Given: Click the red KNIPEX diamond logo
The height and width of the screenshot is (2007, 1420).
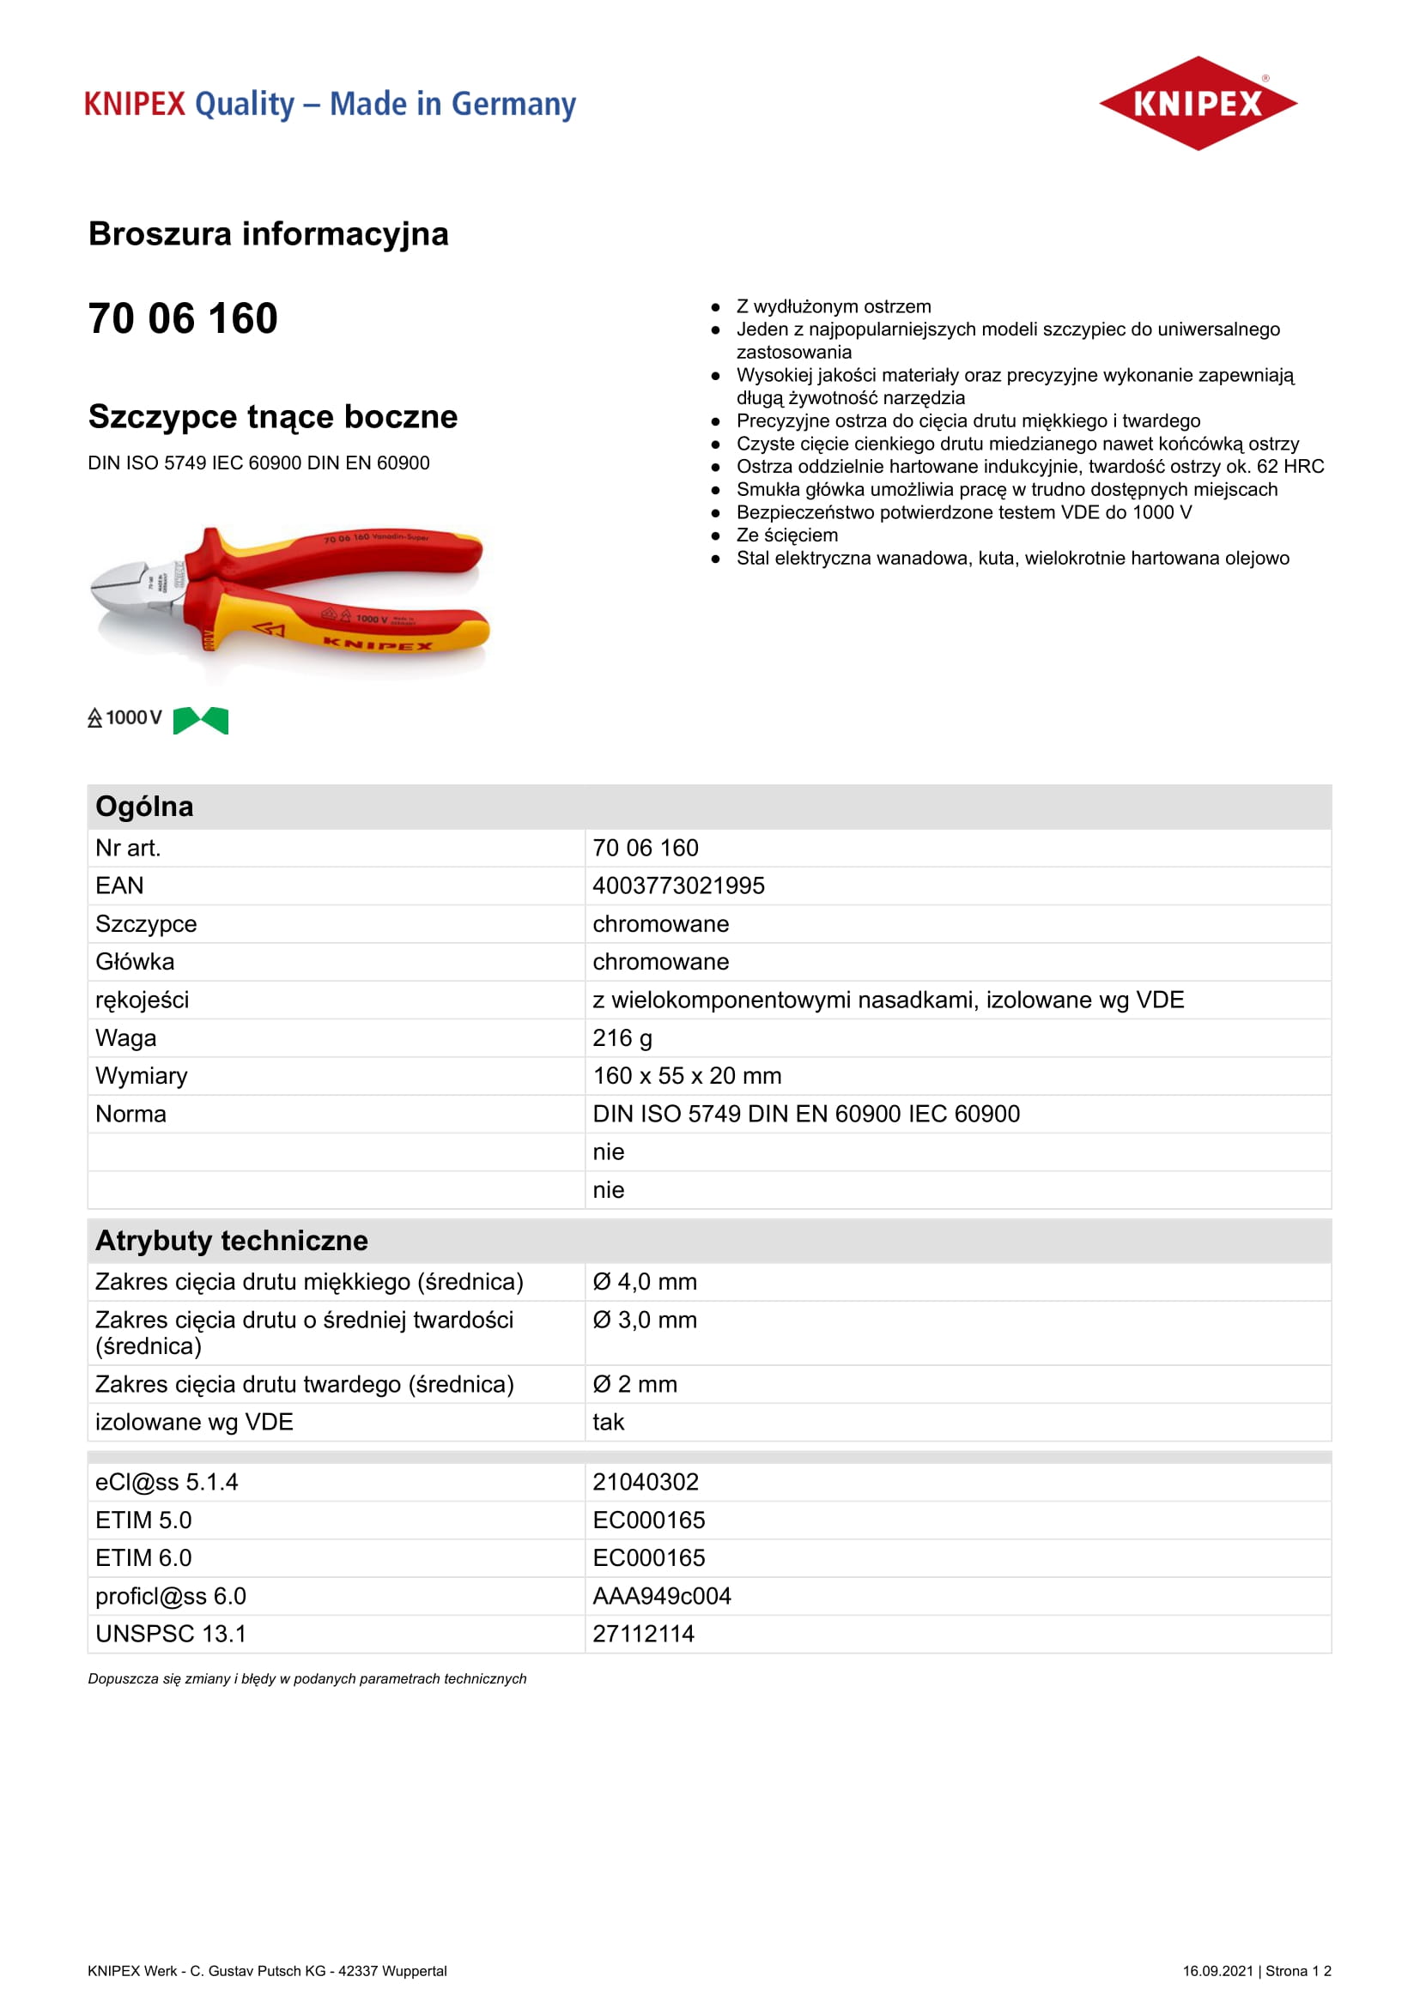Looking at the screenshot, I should pos(1197,103).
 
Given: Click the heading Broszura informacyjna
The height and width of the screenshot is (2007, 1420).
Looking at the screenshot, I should pos(269,234).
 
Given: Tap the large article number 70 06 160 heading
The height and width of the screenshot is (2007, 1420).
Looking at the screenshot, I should pos(183,318).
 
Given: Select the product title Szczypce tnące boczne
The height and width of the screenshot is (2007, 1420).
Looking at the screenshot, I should pos(273,417).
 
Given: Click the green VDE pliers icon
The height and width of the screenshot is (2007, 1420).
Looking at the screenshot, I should pos(200,720).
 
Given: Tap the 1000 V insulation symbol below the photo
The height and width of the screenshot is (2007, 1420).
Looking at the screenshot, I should pos(125,717).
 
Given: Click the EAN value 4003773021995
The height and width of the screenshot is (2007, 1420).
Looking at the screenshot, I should pos(678,886).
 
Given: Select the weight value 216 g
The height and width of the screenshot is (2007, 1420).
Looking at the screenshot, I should pos(622,1037).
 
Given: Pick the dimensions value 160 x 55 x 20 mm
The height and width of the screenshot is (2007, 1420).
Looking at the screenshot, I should pos(688,1075).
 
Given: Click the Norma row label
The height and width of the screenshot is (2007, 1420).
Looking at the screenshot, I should pos(131,1114).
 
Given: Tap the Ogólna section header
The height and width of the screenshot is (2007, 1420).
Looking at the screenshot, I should pos(144,806).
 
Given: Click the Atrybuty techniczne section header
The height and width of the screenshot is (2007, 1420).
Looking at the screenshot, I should pos(232,1241).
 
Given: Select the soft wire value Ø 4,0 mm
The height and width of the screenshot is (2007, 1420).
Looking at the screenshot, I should pos(646,1281).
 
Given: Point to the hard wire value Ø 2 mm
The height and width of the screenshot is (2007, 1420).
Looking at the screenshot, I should pos(635,1384).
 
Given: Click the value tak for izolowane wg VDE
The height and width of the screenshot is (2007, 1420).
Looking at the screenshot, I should pos(609,1422).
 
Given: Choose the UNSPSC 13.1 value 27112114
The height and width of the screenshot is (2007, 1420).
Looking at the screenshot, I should pos(644,1634).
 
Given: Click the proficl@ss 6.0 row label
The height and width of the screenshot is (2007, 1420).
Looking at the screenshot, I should pos(172,1596).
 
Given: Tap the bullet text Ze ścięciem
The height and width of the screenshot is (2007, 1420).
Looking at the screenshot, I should pos(787,535).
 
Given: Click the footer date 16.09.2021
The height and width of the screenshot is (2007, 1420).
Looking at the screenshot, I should pos(1217,1970).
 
